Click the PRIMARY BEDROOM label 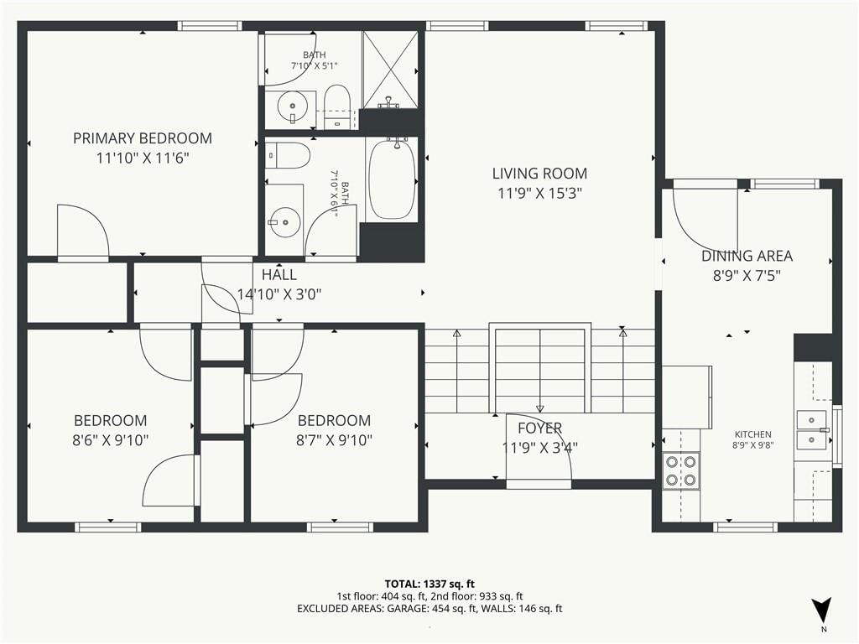pyautogui.click(x=143, y=138)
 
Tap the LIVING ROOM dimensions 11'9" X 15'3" pyautogui.click(x=539, y=194)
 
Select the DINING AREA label pyautogui.click(x=747, y=256)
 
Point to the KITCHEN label pyautogui.click(x=752, y=434)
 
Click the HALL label pyautogui.click(x=279, y=274)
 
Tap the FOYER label pyautogui.click(x=539, y=428)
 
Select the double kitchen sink pyautogui.click(x=812, y=430)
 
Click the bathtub pyautogui.click(x=391, y=179)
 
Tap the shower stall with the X pyautogui.click(x=390, y=70)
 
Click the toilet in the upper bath pyautogui.click(x=337, y=106)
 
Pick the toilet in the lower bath pyautogui.click(x=288, y=155)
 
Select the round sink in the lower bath pyautogui.click(x=284, y=221)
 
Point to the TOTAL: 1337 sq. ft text pyautogui.click(x=429, y=584)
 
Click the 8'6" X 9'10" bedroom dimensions pyautogui.click(x=111, y=440)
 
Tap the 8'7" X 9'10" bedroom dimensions pyautogui.click(x=334, y=440)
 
